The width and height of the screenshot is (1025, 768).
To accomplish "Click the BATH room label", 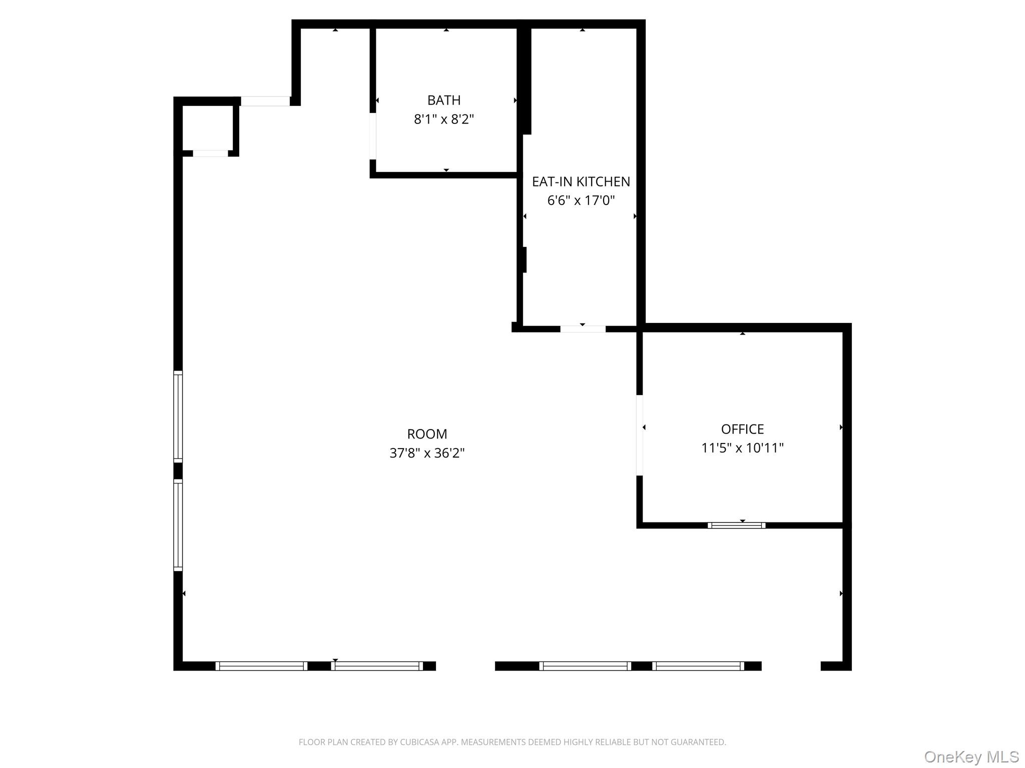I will pyautogui.click(x=444, y=100).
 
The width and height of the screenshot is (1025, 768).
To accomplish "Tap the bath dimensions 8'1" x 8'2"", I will pyautogui.click(x=444, y=119).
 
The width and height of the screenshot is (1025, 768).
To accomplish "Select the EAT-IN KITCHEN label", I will pyautogui.click(x=581, y=181).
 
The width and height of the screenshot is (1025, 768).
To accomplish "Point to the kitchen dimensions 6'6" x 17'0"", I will pyautogui.click(x=581, y=200).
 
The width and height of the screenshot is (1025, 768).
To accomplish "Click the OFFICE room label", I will pyautogui.click(x=742, y=429).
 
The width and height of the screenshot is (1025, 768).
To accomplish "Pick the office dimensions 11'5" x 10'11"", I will pyautogui.click(x=742, y=448).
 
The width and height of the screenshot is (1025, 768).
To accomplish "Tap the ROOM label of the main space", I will pyautogui.click(x=427, y=434).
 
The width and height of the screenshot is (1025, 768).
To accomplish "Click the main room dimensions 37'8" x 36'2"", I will pyautogui.click(x=427, y=453).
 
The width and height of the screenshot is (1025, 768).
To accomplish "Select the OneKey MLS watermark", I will pyautogui.click(x=971, y=756).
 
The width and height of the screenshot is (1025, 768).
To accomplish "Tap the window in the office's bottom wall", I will pyautogui.click(x=736, y=525).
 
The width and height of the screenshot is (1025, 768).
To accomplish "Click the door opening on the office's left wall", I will pyautogui.click(x=640, y=435).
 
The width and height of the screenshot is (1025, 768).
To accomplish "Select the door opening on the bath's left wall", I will pyautogui.click(x=373, y=136).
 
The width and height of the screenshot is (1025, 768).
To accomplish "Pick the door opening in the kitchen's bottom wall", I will pyautogui.click(x=583, y=329).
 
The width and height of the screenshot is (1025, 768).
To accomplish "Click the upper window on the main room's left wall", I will pyautogui.click(x=178, y=416).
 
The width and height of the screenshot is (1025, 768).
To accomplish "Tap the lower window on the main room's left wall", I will pyautogui.click(x=178, y=525).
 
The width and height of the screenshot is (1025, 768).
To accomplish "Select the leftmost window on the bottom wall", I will pyautogui.click(x=261, y=666).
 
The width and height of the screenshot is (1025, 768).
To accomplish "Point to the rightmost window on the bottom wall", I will pyautogui.click(x=698, y=666).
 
